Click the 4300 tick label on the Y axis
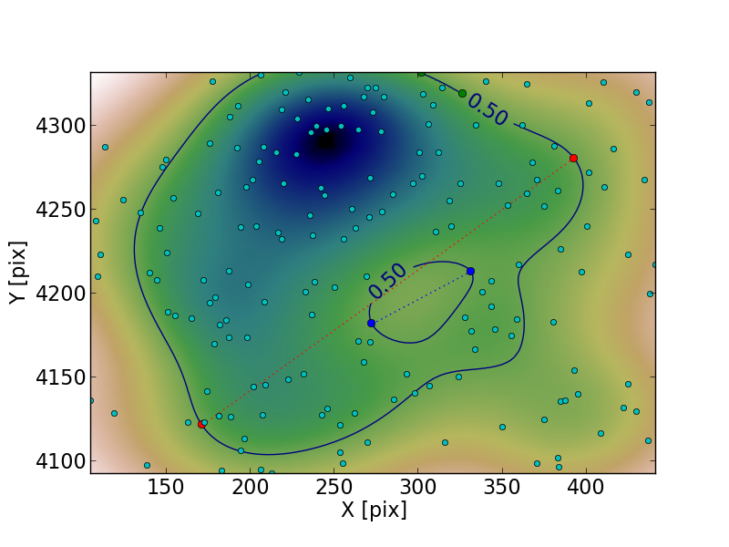pyautogui.click(x=60, y=126)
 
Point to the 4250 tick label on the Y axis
pyautogui.click(x=60, y=210)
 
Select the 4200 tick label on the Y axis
pyautogui.click(x=60, y=294)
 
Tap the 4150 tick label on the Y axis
pyautogui.click(x=60, y=377)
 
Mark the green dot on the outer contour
pyautogui.click(x=462, y=93)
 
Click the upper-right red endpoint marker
pyautogui.click(x=573, y=158)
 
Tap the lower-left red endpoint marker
pyautogui.click(x=201, y=424)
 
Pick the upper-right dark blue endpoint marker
pyautogui.click(x=470, y=271)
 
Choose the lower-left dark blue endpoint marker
pyautogui.click(x=371, y=323)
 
